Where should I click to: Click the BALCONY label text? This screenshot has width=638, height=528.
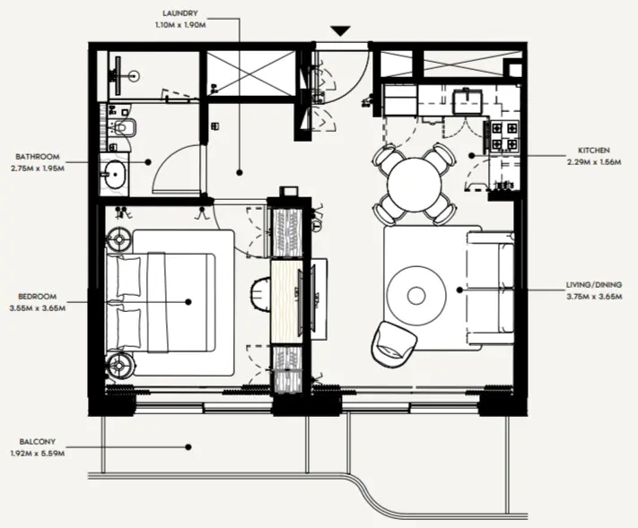pos(36,440)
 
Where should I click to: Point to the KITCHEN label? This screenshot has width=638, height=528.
pos(594,150)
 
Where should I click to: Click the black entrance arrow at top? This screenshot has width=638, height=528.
pos(340,31)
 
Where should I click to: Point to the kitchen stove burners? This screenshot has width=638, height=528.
pos(500,135)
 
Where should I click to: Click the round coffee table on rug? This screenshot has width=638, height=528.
pos(415,294)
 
